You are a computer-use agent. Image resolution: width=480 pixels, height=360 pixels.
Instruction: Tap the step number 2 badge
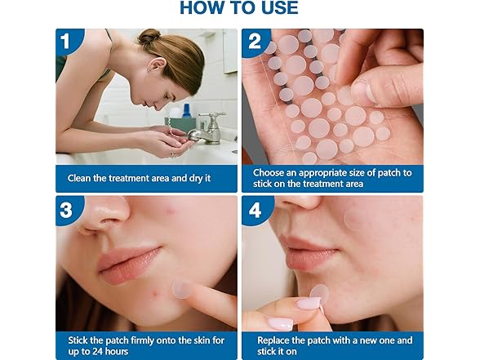pyautogui.click(x=255, y=42)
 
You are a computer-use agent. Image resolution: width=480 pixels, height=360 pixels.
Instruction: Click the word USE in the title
pyautogui.click(x=277, y=9)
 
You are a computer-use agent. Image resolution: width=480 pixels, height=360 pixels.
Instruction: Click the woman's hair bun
pyautogui.click(x=149, y=37)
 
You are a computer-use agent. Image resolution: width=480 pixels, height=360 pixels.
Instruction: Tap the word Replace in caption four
pyautogui.click(x=277, y=339)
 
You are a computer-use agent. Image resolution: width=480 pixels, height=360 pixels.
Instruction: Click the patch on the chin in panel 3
pyautogui.click(x=180, y=288)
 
